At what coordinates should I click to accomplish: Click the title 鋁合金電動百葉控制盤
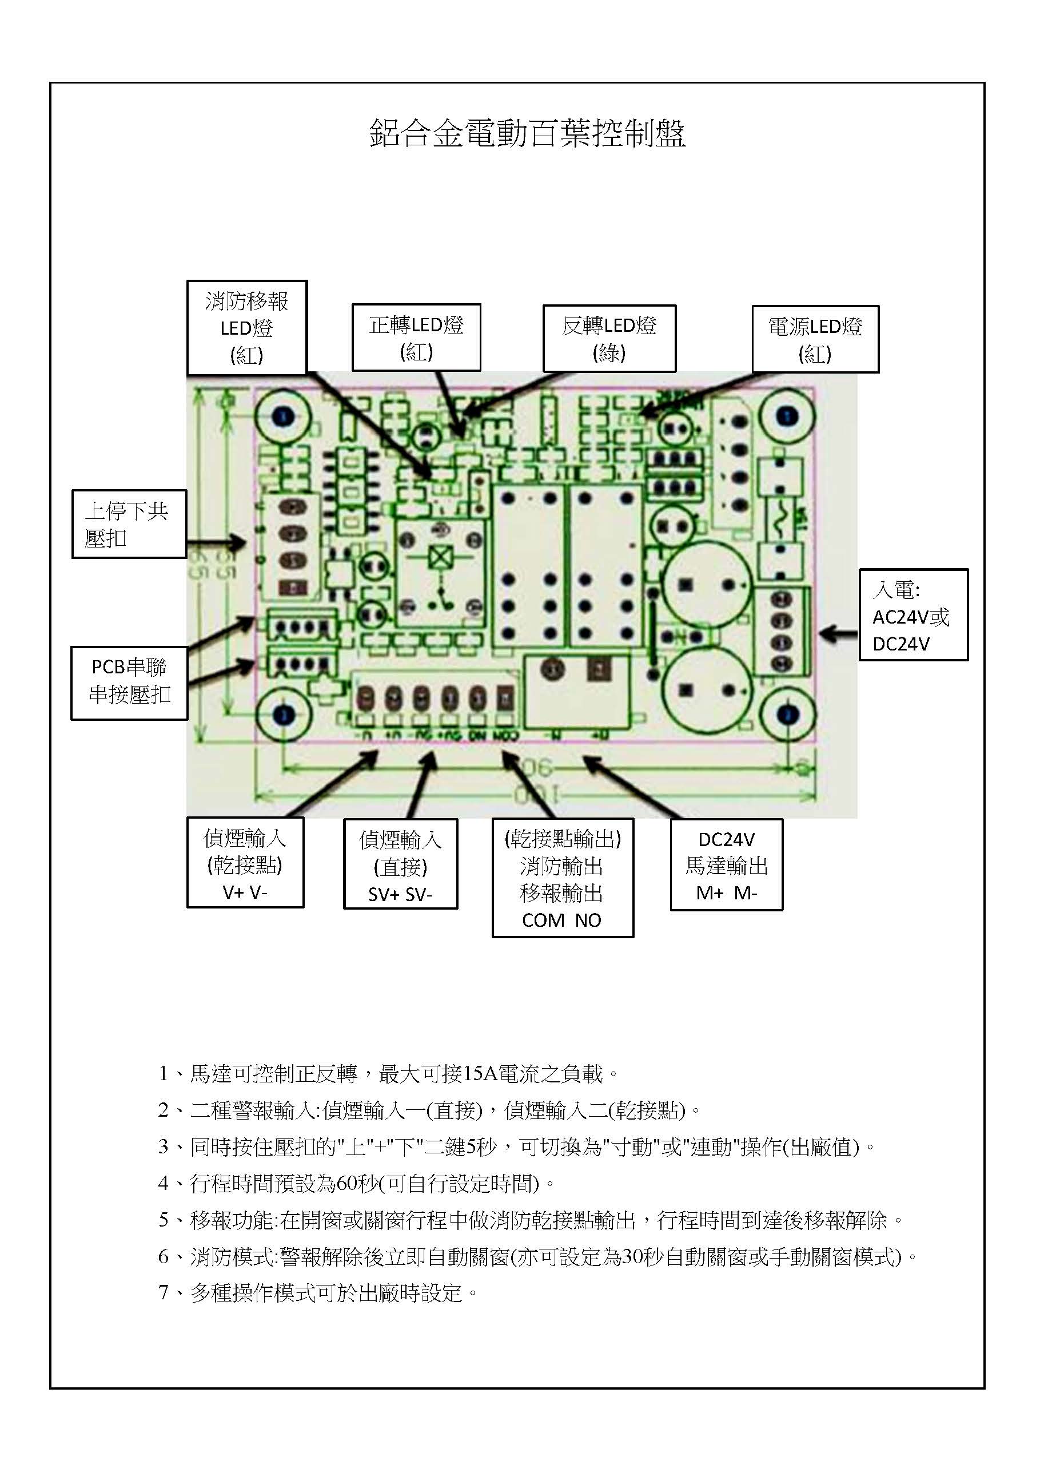pos(527,134)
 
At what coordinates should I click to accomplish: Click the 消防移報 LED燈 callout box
pos(246,328)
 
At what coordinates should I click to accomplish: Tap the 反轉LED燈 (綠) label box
pos(609,339)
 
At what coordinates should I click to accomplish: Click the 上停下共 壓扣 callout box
pos(129,525)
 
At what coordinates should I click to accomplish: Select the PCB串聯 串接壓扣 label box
pos(129,682)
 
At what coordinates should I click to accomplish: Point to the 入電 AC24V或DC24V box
pos(913,615)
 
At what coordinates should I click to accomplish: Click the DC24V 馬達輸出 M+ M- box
pos(726,865)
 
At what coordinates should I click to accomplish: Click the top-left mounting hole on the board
pos(283,416)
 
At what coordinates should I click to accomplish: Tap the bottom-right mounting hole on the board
pos(787,714)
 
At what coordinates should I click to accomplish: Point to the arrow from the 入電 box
pos(838,634)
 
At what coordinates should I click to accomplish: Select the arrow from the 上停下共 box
pos(217,543)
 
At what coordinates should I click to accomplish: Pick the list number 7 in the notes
pos(164,1293)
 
